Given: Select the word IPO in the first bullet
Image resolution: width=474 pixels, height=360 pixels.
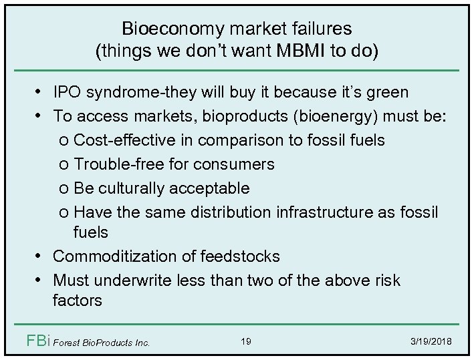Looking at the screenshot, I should (x=69, y=92).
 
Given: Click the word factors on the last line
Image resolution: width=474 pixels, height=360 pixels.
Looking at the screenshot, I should (x=77, y=300).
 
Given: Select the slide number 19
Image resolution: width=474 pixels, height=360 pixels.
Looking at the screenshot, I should (x=245, y=342).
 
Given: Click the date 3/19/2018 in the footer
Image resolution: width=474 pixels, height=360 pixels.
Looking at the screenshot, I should (x=432, y=342).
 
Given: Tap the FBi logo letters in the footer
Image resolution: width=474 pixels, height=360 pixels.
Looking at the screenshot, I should (x=35, y=341).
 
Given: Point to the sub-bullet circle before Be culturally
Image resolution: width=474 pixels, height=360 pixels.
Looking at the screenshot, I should (x=64, y=188).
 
